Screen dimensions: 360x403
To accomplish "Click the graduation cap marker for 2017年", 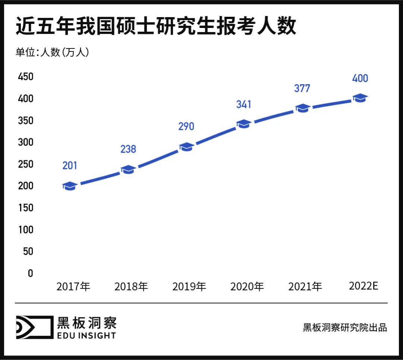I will [70, 186].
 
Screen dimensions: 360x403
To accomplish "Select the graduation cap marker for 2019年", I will [186, 147].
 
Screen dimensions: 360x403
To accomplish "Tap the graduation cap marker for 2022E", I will [360, 98].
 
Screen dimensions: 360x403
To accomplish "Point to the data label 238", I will [128, 149].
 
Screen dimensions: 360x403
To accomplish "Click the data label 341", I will [244, 104].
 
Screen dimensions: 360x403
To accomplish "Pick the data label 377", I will [302, 88].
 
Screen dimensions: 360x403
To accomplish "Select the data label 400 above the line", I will [360, 78].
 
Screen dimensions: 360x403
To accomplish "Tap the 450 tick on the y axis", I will [25, 77].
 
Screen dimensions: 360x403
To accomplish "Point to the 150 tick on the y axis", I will [25, 208].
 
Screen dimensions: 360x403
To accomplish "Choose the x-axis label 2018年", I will [131, 287].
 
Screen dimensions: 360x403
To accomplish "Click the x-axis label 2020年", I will [247, 287].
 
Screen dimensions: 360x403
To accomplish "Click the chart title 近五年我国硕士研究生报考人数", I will [156, 26].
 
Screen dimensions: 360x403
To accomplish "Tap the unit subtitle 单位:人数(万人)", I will [52, 52].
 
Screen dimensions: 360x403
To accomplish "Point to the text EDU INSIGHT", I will [86, 335].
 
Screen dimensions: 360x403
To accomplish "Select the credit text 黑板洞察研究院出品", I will [345, 328].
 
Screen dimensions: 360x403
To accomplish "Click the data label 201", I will [70, 165].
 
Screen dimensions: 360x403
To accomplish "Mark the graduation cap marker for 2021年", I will [302, 109].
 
